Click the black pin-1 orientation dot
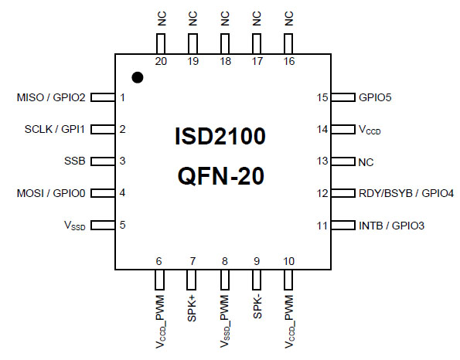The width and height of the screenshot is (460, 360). pyautogui.click(x=138, y=78)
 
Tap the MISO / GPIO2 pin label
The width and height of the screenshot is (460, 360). pyautogui.click(x=51, y=97)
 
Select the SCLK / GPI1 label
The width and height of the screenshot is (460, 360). pyautogui.click(x=55, y=129)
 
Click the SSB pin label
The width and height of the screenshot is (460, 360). pyautogui.click(x=75, y=161)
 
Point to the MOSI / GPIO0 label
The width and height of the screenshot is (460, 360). pyautogui.click(x=51, y=193)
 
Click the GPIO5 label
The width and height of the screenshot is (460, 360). pyautogui.click(x=375, y=97)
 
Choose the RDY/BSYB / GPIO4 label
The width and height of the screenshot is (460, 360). pyautogui.click(x=407, y=193)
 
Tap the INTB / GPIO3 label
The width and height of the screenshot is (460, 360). pyautogui.click(x=391, y=226)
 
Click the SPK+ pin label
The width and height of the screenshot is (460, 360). pyautogui.click(x=192, y=308)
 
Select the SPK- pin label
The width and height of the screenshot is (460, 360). pyautogui.click(x=257, y=307)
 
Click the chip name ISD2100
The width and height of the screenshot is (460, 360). pyautogui.click(x=220, y=136)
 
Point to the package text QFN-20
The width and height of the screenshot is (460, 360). pyautogui.click(x=221, y=176)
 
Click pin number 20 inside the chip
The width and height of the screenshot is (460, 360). pyautogui.click(x=161, y=61)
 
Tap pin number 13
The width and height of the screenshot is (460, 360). pyautogui.click(x=322, y=161)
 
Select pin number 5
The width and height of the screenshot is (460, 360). pyautogui.click(x=123, y=225)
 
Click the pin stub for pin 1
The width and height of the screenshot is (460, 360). pyautogui.click(x=103, y=97)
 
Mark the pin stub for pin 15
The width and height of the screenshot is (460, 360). pyautogui.click(x=343, y=97)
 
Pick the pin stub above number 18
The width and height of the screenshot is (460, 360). pyautogui.click(x=225, y=44)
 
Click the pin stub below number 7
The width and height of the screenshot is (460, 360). pyautogui.click(x=191, y=280)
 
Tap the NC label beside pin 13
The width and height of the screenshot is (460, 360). pyautogui.click(x=366, y=162)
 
